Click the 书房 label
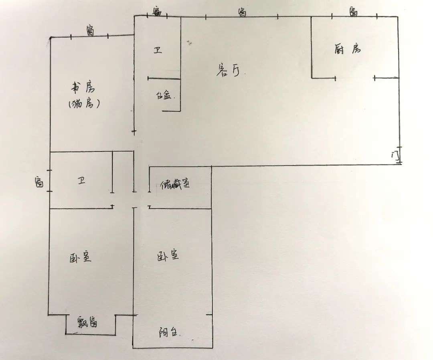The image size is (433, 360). point(82,87)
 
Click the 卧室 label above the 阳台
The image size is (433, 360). point(168,256)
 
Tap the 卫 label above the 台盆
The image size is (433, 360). point(158,51)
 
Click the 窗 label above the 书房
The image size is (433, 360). point(91,30)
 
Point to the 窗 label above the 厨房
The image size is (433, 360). point(353,11)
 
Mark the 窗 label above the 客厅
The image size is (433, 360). point(242,12)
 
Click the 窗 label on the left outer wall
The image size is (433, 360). point(39,182)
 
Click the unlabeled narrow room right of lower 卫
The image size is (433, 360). point(123,172)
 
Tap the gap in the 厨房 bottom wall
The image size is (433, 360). point(354,77)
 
